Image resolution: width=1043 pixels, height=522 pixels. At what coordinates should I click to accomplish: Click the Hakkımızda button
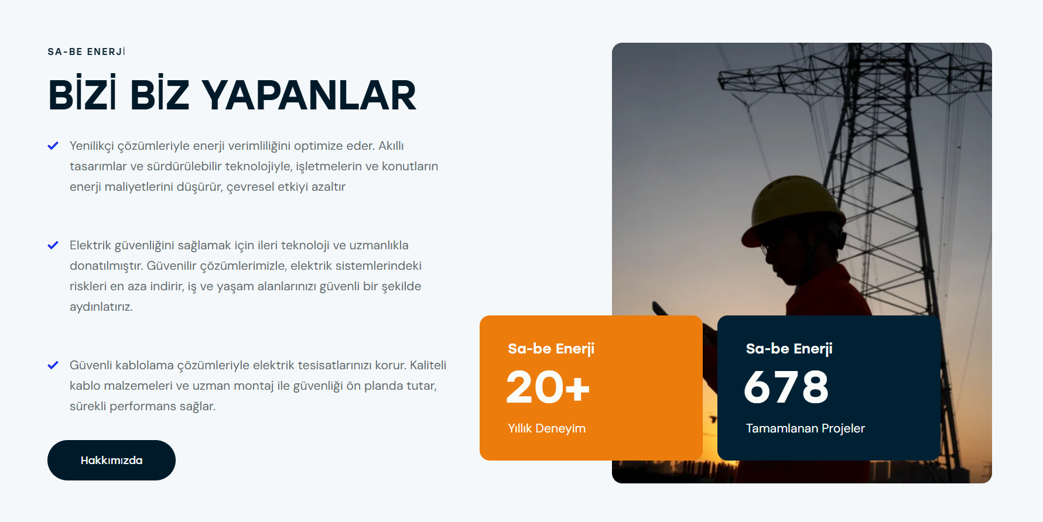click(111, 460)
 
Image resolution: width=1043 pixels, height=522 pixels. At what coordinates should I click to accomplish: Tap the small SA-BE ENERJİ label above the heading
click(87, 51)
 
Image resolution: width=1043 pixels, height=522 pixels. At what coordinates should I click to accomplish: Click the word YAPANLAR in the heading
click(309, 95)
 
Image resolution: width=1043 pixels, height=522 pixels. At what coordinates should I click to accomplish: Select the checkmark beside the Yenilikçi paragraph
click(53, 146)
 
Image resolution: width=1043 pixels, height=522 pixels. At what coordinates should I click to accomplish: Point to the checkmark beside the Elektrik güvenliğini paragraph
click(53, 245)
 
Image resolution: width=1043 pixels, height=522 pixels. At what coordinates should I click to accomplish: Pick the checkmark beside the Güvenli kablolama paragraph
click(53, 365)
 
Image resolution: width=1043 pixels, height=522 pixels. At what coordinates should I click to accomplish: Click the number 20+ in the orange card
click(548, 387)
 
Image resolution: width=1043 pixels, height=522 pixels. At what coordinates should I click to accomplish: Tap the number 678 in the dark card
click(786, 387)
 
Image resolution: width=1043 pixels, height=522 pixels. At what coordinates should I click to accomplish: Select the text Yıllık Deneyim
click(547, 428)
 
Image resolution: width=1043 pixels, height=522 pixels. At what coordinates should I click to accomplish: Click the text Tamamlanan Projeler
click(805, 428)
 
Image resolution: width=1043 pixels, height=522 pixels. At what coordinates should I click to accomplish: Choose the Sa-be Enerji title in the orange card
click(551, 349)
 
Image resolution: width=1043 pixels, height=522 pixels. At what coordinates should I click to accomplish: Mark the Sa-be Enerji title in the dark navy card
click(789, 349)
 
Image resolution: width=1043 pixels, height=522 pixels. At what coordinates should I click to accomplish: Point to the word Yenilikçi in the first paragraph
click(92, 146)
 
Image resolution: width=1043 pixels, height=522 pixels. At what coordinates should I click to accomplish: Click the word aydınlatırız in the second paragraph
click(101, 307)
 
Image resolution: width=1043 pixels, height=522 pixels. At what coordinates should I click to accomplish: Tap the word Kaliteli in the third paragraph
click(428, 365)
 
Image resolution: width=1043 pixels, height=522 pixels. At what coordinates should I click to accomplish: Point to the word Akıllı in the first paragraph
click(391, 146)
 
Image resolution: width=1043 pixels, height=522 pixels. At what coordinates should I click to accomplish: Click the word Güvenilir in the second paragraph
click(172, 266)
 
